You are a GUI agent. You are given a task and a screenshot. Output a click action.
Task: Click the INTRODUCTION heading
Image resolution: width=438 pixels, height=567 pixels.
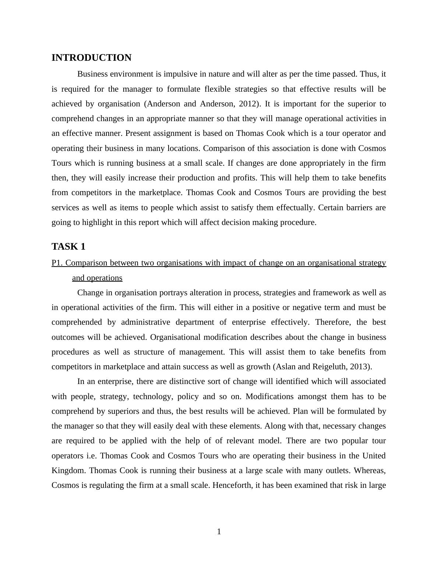91,58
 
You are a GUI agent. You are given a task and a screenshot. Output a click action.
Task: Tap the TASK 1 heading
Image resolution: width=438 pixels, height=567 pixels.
68,247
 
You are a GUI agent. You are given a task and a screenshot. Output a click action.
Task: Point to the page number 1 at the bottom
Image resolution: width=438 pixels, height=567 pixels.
219,532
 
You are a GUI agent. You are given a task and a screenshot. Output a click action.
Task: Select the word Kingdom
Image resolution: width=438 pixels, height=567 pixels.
68,471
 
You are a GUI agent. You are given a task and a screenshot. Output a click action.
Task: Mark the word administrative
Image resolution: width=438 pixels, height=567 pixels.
145,322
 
